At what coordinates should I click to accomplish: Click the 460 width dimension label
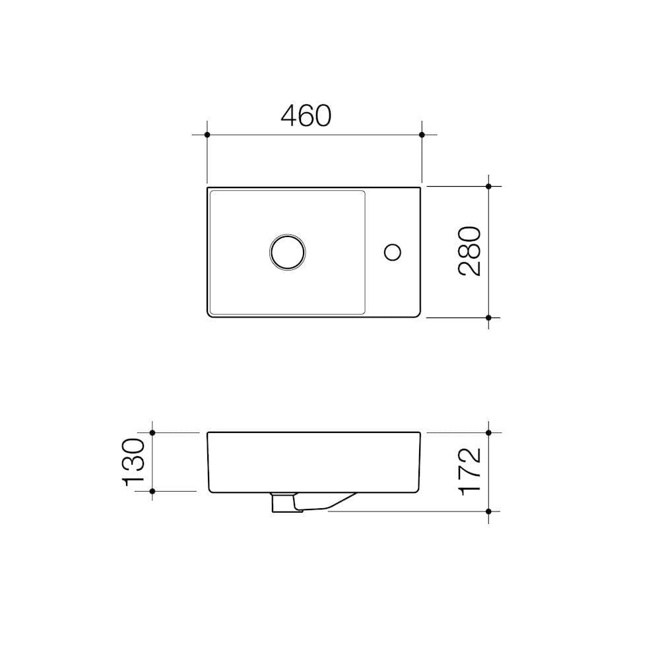[x=306, y=115]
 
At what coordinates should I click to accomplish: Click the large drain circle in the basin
[x=288, y=251]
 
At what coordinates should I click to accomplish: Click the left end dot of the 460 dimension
[x=207, y=135]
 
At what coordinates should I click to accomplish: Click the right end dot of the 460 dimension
[x=422, y=135]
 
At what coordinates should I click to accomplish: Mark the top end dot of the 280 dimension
[x=488, y=186]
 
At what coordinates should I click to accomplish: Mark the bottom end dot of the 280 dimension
[x=488, y=317]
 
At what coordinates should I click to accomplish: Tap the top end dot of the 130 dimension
[x=152, y=432]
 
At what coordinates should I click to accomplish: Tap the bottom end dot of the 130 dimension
[x=152, y=491]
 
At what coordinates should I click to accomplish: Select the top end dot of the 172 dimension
[x=488, y=432]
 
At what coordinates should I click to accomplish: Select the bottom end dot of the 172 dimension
[x=488, y=511]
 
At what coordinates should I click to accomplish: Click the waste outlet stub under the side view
[x=282, y=502]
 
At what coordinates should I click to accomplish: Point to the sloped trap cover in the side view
[x=327, y=502]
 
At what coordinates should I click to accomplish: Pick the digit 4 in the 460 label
[x=289, y=115]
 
